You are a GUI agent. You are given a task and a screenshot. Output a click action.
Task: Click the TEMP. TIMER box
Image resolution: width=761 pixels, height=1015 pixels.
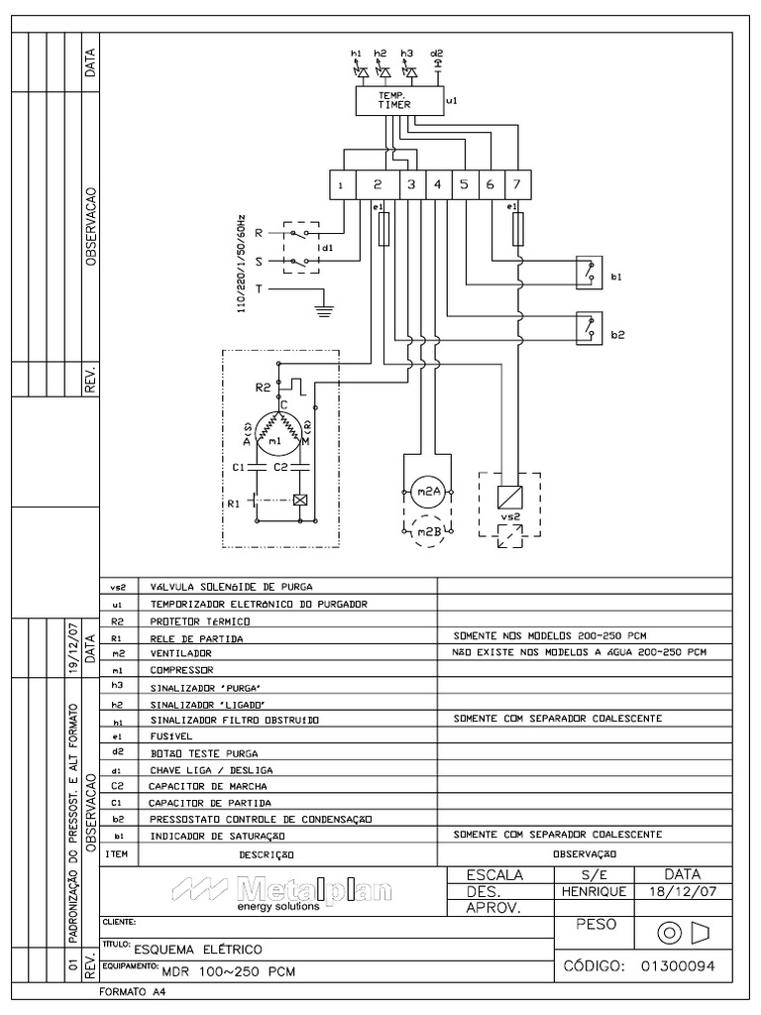[396, 100]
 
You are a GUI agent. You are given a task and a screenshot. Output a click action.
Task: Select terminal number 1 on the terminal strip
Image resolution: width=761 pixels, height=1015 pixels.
[341, 185]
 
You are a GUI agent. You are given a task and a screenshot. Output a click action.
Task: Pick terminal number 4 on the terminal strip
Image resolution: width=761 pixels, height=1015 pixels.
[437, 184]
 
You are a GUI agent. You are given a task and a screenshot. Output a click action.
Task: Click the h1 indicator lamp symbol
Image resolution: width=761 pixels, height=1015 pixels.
[360, 71]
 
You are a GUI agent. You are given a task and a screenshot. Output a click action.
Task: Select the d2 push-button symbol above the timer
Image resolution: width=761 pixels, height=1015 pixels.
[437, 67]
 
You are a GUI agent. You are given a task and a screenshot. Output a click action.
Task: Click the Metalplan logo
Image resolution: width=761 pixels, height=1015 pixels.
[281, 891]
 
